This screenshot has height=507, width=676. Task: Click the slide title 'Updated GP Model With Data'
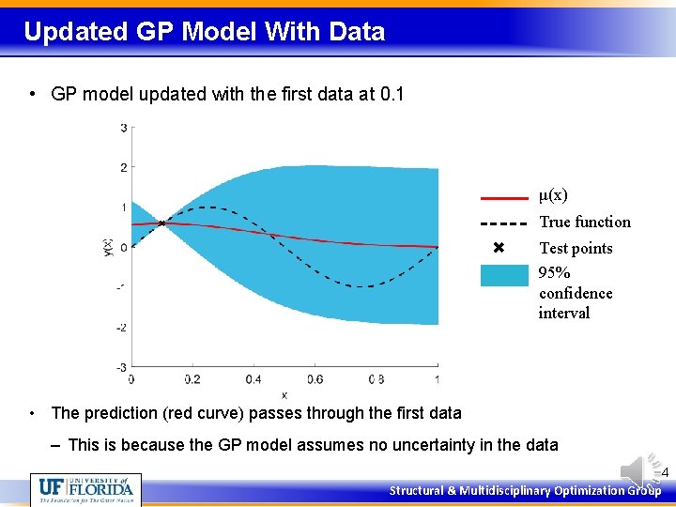tap(204, 32)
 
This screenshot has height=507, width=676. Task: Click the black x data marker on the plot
tap(161, 223)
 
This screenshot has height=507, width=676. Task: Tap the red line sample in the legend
tap(504, 198)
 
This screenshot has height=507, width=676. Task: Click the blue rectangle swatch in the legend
tap(504, 275)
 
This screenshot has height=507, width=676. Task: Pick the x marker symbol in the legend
tap(499, 249)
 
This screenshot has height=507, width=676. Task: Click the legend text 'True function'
tap(584, 223)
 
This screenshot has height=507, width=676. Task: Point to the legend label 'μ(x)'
tap(553, 195)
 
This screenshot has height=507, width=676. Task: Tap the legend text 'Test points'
tap(575, 249)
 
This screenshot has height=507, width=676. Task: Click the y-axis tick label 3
tap(124, 128)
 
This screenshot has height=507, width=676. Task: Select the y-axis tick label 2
tap(124, 168)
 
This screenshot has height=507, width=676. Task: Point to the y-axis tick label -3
tap(122, 367)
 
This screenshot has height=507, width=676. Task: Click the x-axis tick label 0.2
tap(192, 379)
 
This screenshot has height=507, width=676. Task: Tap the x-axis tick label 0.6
tap(315, 379)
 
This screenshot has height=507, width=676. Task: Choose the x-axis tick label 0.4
tap(253, 379)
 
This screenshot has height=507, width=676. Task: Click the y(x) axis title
tap(108, 248)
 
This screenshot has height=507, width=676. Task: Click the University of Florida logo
tap(85, 489)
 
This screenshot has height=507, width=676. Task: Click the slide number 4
tap(665, 473)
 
